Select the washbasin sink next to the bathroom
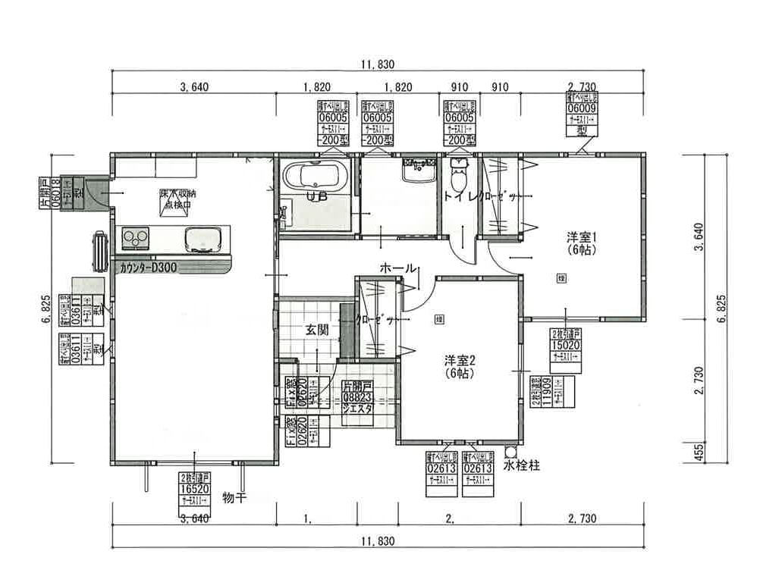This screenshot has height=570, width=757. pos(416,171)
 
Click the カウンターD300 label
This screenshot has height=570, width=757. pos(149,268)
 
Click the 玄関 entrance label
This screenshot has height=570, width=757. pos(317,330)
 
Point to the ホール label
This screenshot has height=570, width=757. pos(397,268)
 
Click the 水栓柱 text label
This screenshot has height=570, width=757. pos(523,465)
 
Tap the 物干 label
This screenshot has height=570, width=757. pos(235,498)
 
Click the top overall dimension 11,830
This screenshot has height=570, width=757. pos(378,64)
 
